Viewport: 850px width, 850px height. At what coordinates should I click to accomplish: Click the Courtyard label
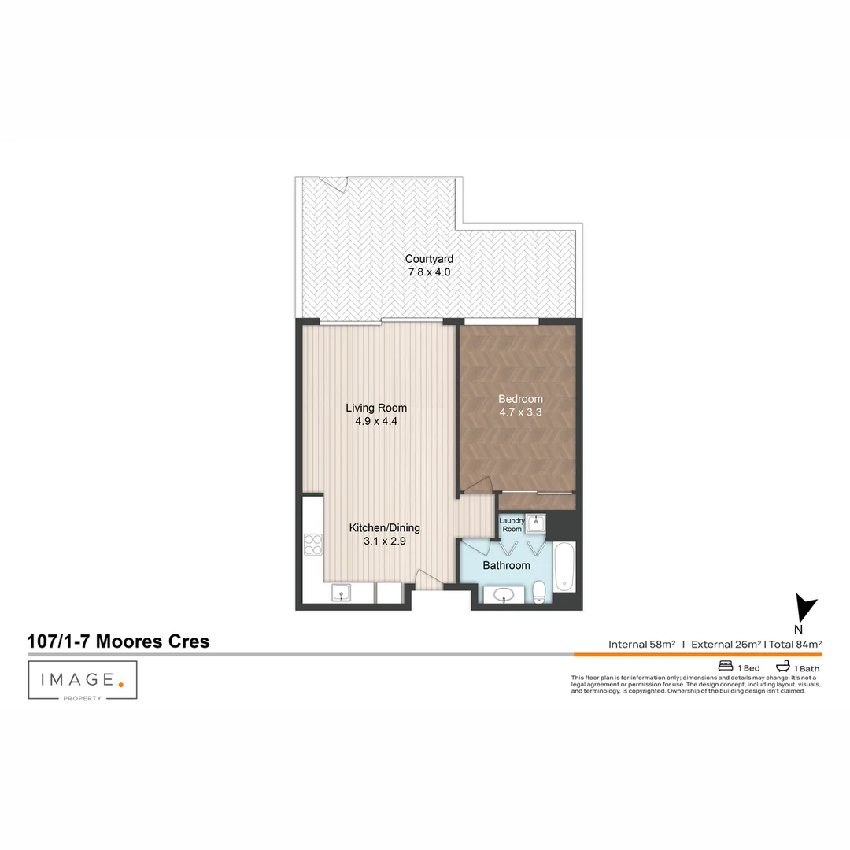coord(429,259)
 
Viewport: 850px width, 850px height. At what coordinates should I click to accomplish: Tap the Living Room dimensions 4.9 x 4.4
coord(376,421)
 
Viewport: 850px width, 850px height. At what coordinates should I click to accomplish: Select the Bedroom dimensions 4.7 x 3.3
coord(520,412)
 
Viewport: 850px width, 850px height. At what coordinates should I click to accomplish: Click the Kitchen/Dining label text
coord(384,527)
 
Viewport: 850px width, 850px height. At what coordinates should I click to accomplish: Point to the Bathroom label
coord(506,565)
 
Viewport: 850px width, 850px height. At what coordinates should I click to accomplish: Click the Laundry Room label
coord(512,525)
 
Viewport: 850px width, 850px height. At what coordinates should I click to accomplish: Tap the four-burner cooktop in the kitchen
coord(312,545)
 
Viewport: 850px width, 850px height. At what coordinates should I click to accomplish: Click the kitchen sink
coord(341,593)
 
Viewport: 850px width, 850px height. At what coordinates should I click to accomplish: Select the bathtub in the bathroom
coord(564,567)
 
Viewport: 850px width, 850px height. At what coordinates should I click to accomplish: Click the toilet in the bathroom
coord(539,592)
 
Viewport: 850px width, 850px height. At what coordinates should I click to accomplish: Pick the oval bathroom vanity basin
coord(504,595)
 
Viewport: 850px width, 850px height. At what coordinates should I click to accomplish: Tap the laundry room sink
coord(536,523)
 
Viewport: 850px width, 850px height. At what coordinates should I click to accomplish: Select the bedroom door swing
coord(475,485)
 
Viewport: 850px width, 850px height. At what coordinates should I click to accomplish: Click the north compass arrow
coord(805,608)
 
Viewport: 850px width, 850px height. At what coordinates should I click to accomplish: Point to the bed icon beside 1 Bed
coord(726,666)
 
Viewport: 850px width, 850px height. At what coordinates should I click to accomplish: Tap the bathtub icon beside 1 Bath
coord(783,666)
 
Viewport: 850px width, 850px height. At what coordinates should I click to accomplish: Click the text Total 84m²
coord(795,645)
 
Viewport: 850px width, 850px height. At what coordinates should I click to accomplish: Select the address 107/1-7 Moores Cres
coord(118,641)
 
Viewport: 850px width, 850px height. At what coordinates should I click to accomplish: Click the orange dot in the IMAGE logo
coord(121,685)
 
